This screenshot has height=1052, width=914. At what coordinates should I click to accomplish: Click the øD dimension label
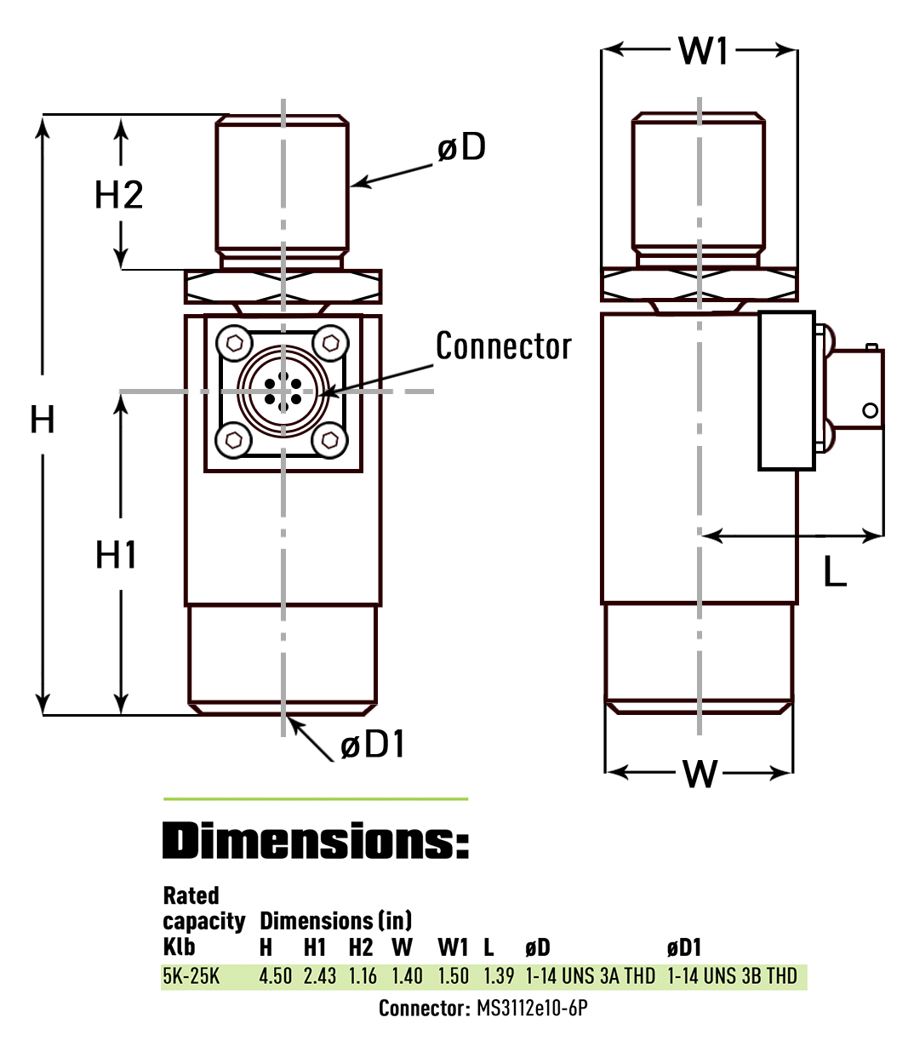(461, 147)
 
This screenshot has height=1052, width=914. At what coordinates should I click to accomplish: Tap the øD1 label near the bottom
(373, 745)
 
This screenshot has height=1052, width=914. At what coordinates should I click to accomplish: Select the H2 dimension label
(118, 195)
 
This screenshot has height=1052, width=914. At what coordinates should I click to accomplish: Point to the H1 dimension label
(117, 555)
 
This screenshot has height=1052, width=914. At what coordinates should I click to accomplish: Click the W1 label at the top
(704, 51)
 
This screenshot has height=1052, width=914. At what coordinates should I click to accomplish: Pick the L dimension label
(835, 572)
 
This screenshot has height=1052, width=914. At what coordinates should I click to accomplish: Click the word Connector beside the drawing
(503, 346)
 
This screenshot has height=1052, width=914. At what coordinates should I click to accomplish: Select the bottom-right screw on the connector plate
(330, 440)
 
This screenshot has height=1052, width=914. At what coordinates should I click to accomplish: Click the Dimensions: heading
(315, 841)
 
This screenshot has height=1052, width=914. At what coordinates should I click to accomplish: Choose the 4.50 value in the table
(275, 976)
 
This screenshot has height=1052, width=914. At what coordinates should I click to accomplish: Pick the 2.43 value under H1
(320, 976)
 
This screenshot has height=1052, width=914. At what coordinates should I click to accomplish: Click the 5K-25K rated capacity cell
(191, 976)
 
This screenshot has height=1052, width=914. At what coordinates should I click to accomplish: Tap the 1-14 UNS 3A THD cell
(590, 976)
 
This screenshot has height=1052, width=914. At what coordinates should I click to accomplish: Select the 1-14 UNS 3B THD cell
(732, 976)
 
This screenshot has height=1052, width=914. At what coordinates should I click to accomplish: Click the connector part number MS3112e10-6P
(532, 1009)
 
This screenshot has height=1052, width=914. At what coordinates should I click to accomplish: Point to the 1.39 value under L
(499, 976)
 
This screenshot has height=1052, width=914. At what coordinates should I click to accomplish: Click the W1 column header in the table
(453, 947)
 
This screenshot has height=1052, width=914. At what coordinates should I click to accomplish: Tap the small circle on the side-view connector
(870, 410)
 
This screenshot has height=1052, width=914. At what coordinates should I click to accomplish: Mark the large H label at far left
(43, 420)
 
